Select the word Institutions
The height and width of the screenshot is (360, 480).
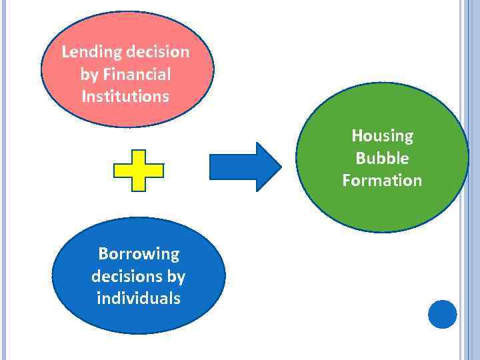click(x=125, y=96)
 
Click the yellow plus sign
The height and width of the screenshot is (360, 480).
click(x=139, y=171)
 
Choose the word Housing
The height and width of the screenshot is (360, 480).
click(x=382, y=136)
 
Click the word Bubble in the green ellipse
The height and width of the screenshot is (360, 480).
click(x=382, y=158)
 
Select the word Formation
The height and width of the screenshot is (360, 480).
click(x=382, y=180)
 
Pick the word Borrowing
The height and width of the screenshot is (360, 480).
click(x=139, y=253)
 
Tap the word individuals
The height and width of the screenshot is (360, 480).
click(x=139, y=298)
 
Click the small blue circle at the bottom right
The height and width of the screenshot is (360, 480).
click(x=442, y=314)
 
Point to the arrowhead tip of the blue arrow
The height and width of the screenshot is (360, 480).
click(x=280, y=167)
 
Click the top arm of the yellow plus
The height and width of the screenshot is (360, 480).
click(x=139, y=157)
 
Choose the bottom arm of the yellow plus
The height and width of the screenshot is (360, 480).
click(x=139, y=185)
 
